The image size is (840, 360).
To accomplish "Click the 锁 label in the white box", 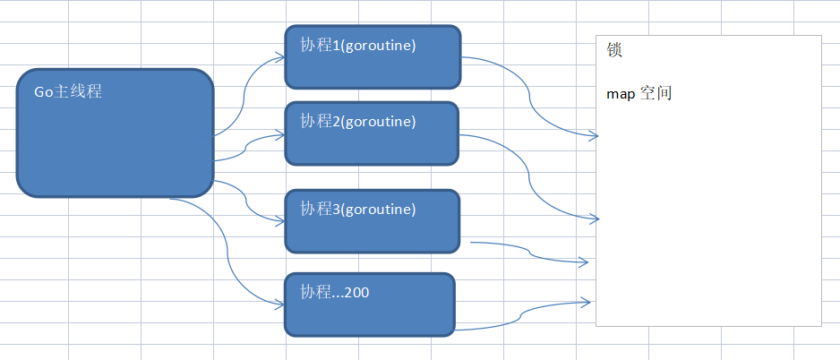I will point(614,50).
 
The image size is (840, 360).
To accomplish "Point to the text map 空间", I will point(639,93).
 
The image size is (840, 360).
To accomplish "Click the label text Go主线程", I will point(68,90).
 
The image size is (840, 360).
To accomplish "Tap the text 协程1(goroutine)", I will point(358,46).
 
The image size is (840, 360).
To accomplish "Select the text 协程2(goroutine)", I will point(358,121).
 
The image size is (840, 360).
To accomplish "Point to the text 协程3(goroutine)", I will point(358,210).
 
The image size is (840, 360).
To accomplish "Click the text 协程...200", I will point(336,292).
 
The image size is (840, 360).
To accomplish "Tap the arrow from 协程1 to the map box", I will point(530,99).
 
